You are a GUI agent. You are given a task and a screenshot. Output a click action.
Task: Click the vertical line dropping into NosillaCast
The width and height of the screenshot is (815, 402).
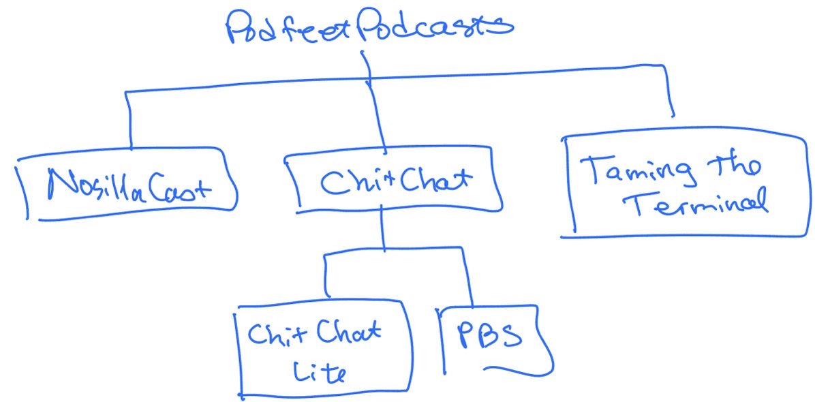click(x=129, y=119)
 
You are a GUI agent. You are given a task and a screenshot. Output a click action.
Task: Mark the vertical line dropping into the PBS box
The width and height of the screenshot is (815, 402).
click(x=470, y=279)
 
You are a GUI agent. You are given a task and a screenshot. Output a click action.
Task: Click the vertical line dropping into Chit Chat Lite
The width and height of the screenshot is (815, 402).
click(x=326, y=276)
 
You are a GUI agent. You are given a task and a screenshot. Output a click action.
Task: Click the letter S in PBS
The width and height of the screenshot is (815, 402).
click(x=512, y=337)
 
